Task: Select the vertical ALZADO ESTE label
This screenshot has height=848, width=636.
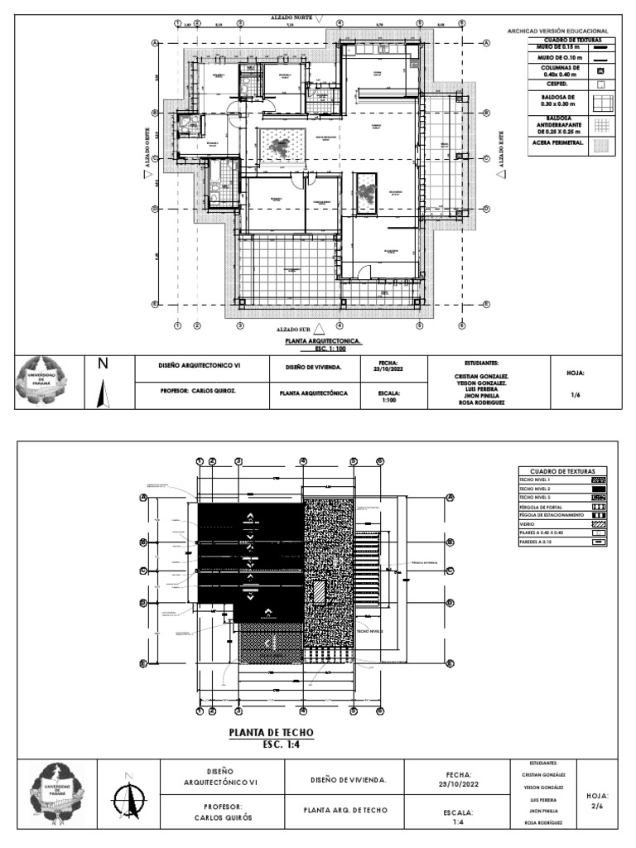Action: coord(499,151)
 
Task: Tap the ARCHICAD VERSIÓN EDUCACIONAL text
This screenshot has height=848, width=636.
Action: coord(563,31)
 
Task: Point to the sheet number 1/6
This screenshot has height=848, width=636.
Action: coord(576,396)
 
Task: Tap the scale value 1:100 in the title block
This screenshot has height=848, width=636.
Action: coord(389,400)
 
